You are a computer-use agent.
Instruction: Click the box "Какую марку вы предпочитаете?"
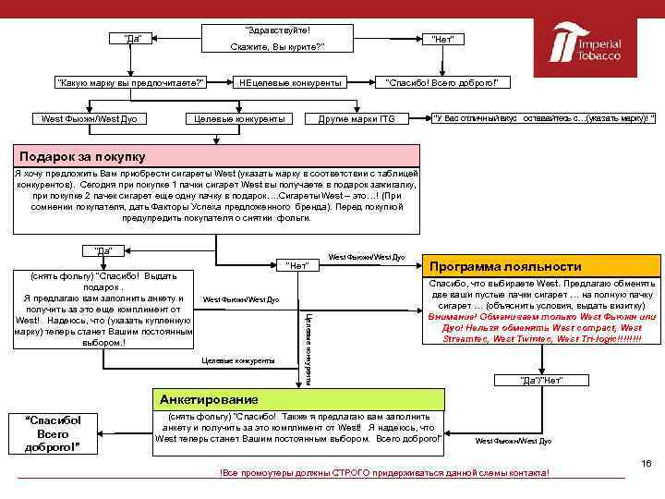(x=130, y=83)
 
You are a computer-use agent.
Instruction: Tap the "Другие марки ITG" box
(x=357, y=118)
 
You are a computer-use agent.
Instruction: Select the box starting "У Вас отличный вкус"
(x=544, y=117)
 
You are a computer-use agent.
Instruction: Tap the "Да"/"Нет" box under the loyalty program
(x=541, y=381)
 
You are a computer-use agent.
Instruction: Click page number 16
(x=647, y=463)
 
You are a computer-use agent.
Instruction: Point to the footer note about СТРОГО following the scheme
(x=384, y=473)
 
